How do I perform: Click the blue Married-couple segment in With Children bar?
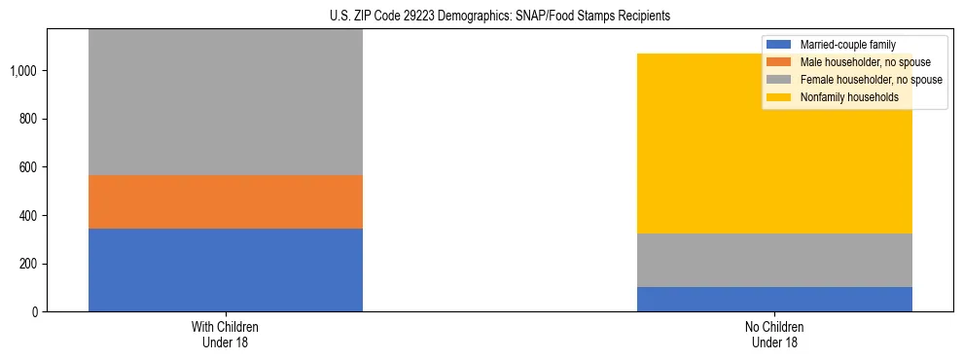(226, 270)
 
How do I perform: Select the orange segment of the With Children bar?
(226, 201)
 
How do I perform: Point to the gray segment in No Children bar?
(774, 260)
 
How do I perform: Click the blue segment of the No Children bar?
(774, 299)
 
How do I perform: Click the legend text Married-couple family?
(847, 45)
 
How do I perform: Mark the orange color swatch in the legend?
(779, 62)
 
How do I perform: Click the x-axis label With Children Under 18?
(226, 335)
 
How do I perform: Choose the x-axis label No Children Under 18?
(774, 335)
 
